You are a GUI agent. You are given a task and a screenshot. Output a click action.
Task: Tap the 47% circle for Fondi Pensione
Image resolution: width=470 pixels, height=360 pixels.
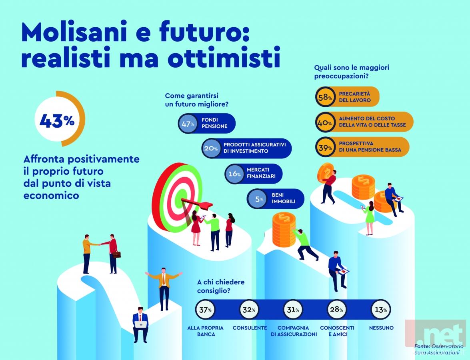(188, 123)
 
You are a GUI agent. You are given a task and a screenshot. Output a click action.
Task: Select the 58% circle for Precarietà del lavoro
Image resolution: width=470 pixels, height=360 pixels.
(325, 97)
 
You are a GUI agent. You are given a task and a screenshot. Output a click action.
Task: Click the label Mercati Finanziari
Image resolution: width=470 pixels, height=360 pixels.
(261, 173)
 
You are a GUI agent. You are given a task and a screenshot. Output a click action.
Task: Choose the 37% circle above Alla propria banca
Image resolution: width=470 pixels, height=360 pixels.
(206, 310)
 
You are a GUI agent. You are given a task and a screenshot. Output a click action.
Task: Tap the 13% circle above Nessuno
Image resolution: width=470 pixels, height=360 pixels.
(381, 310)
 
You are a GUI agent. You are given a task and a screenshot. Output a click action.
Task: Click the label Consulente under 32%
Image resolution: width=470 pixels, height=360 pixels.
(250, 328)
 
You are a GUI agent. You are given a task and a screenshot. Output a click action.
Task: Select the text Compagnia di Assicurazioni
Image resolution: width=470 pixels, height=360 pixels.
(294, 331)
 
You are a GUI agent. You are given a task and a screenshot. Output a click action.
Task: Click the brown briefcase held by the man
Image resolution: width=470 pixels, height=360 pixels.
(117, 254)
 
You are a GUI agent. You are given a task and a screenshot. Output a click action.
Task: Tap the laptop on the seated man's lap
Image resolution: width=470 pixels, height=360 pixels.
(140, 324)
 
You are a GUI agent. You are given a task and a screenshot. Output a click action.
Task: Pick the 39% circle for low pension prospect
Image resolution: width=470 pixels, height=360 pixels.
(325, 147)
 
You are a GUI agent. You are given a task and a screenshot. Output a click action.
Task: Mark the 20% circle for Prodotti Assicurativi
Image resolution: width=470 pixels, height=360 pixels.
(211, 148)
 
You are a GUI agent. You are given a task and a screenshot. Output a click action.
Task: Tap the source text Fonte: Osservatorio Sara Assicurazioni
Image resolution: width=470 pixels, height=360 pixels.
(439, 350)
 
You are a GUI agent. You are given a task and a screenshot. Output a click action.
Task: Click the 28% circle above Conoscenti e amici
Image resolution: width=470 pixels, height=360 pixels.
(337, 310)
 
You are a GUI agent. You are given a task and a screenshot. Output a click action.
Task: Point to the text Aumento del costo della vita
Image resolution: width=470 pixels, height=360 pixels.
(372, 122)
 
